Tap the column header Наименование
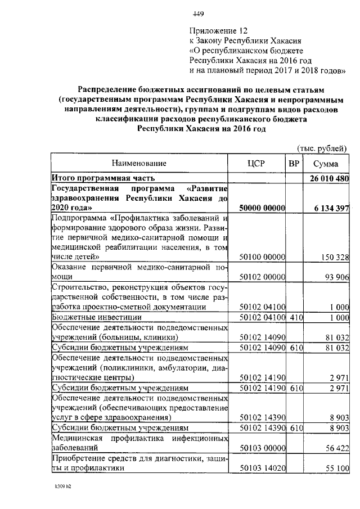coord(139,164)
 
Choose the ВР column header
coord(293,164)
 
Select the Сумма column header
coord(326,164)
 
